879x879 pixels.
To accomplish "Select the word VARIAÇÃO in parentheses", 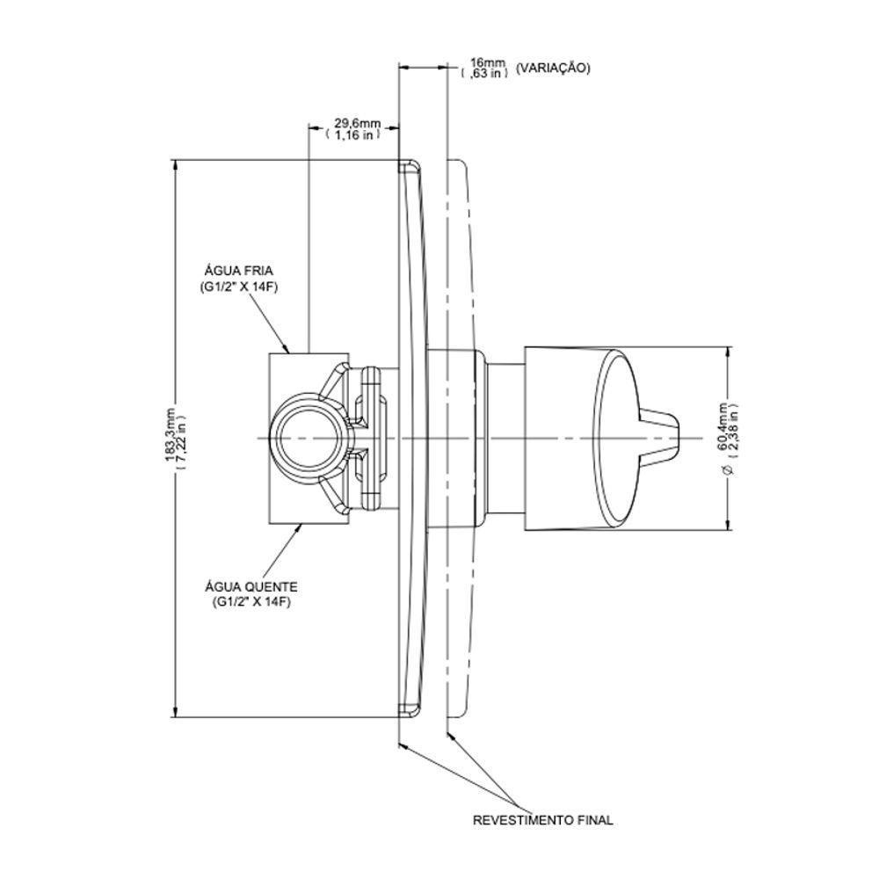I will point(553,68).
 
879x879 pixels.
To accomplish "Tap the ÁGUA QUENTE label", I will point(250,586).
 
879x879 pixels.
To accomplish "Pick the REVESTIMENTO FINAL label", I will point(543,820).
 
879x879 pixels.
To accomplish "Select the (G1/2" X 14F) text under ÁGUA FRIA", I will point(239,288).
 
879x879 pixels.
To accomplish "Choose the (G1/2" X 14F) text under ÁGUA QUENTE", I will point(251,602).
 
